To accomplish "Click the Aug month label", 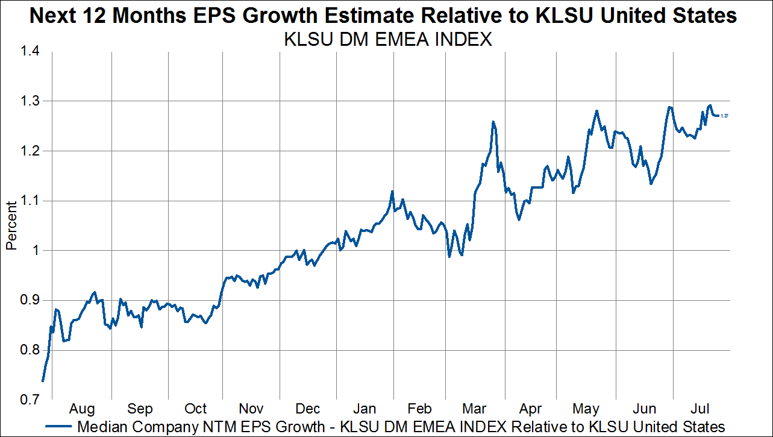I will point(83,409).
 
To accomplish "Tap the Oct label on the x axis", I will point(195,409).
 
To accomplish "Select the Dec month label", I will point(308,409).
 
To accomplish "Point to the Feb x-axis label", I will point(420,409).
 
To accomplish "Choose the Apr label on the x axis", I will point(531,409).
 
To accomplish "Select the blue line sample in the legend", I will point(60,426).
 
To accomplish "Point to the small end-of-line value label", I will point(725,116).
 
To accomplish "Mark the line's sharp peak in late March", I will point(493,122).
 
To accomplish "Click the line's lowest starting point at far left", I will point(43,380).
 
